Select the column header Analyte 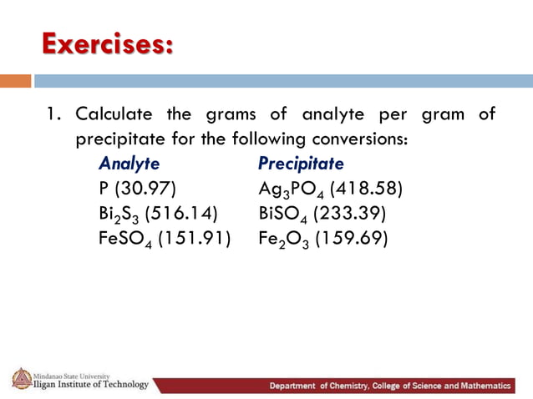[129, 163]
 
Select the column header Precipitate [301, 163]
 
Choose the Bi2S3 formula [119, 214]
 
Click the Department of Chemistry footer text [388, 386]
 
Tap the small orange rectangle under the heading [16, 81]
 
